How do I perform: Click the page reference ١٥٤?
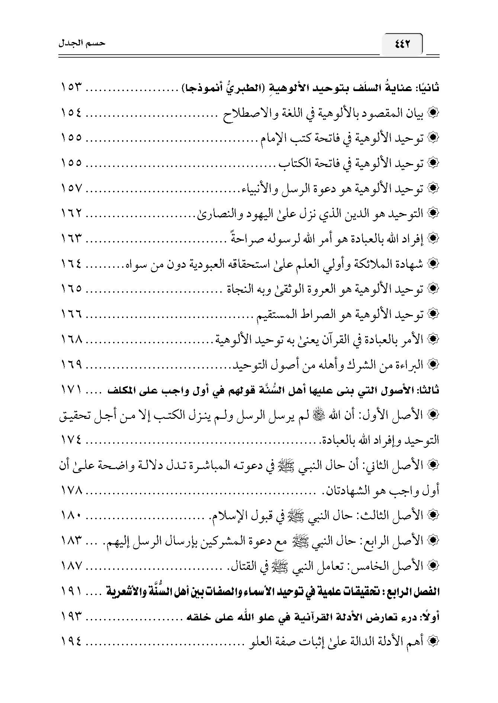tap(71, 113)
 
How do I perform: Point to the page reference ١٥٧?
tap(71, 189)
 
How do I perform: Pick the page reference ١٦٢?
tap(71, 214)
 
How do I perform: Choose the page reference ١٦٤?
tap(71, 264)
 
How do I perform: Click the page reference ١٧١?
tap(71, 390)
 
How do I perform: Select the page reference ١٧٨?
tap(71, 490)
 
